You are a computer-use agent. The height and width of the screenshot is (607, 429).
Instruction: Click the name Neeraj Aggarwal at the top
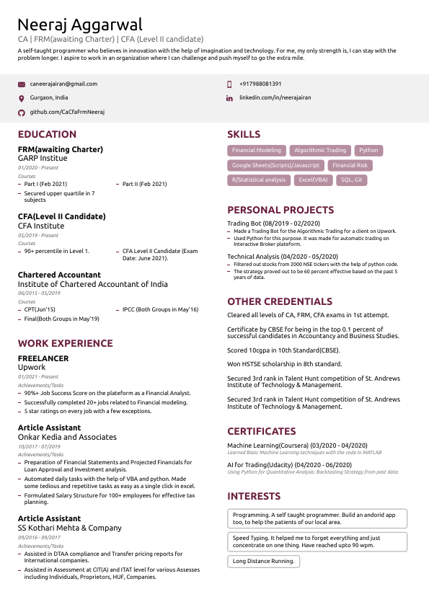(80, 25)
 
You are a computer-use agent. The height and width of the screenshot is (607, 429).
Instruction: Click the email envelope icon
(21, 84)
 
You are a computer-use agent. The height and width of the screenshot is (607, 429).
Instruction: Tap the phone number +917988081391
(260, 84)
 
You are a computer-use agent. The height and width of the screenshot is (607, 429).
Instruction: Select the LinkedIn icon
(229, 98)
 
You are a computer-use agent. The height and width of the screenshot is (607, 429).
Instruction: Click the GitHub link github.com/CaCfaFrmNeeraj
(67, 112)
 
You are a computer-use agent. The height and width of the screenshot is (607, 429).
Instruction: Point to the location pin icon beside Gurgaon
(21, 98)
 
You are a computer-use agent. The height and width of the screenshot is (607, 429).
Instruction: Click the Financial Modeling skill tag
(257, 151)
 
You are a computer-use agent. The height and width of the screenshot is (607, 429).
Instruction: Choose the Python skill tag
(368, 151)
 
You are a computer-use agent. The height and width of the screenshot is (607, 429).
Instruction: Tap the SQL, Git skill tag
(352, 180)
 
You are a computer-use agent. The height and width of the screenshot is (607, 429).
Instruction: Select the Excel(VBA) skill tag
(313, 180)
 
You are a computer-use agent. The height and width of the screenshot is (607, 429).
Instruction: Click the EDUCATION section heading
(47, 134)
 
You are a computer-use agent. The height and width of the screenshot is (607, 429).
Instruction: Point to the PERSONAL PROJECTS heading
(280, 210)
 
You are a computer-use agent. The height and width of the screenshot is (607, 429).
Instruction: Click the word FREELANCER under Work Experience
(43, 358)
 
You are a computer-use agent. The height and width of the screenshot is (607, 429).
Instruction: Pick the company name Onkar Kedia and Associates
(67, 437)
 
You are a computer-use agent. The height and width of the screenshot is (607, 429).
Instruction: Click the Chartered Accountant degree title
(59, 275)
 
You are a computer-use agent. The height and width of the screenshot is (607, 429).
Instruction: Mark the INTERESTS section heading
(254, 496)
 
